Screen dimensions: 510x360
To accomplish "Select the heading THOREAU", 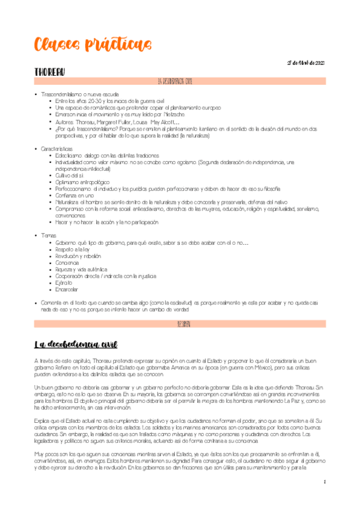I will tap(50, 72).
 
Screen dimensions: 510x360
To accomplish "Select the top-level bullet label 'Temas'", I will tap(48, 235).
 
